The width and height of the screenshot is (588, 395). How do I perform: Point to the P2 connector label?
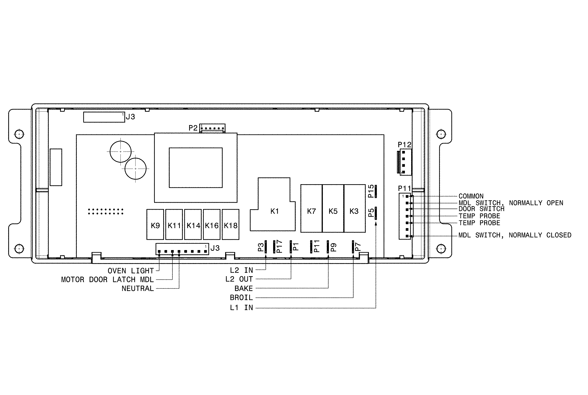(193, 128)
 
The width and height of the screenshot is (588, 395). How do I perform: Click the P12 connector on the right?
(405, 162)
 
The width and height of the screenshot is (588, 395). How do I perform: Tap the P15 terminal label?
(371, 191)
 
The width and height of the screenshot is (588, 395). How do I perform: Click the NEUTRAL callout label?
(137, 289)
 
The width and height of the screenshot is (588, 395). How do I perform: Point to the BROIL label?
(241, 298)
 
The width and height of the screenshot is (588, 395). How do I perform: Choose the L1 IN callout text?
(241, 308)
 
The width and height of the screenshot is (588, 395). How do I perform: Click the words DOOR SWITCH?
(481, 209)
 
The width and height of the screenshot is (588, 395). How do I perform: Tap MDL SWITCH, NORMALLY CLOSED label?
(515, 235)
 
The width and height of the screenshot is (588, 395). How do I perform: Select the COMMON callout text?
(471, 196)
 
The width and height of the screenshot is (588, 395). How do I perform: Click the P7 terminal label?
(358, 247)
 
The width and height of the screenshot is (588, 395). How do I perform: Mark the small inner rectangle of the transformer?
(195, 168)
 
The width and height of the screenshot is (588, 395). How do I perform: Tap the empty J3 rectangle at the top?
(104, 117)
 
